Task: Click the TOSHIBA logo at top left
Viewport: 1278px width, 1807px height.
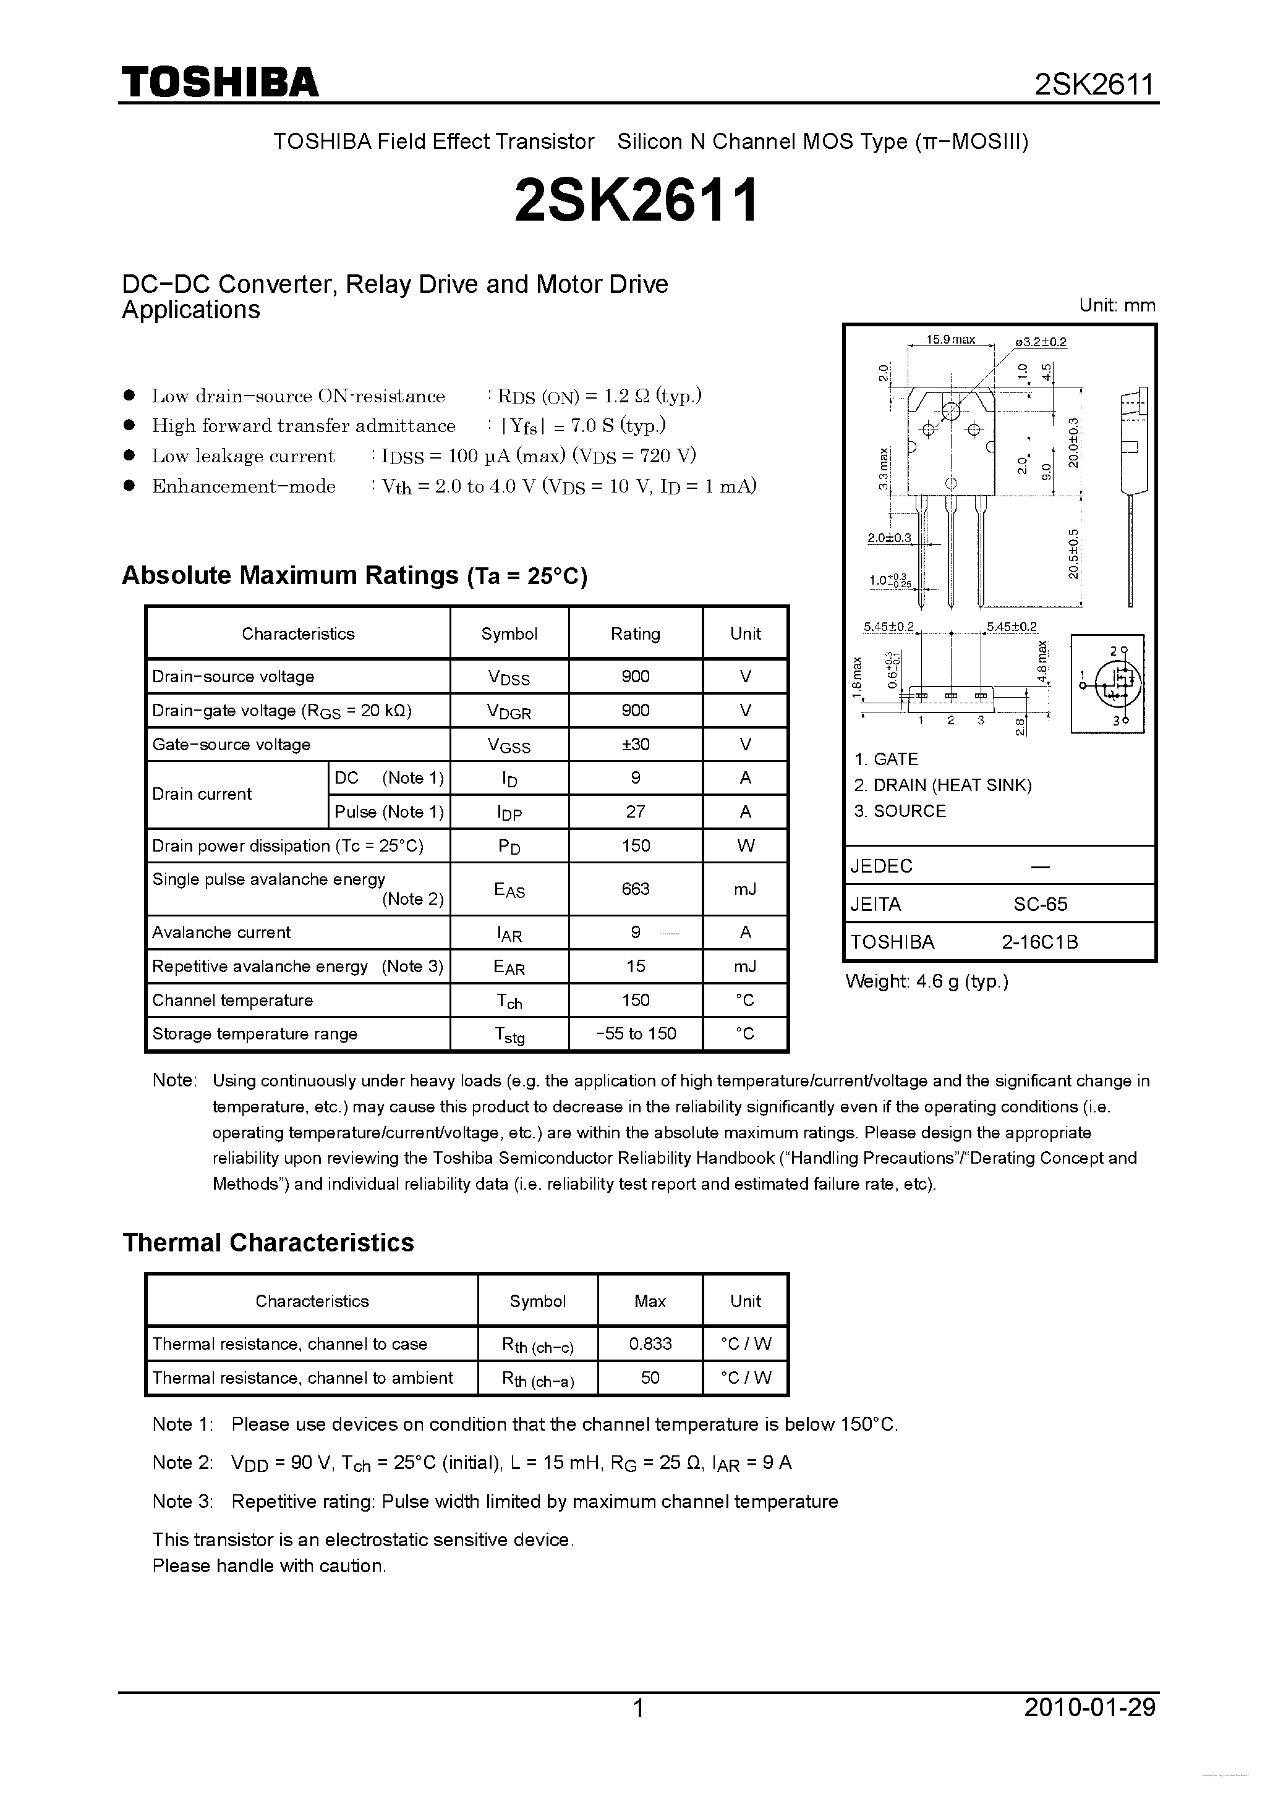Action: (x=219, y=82)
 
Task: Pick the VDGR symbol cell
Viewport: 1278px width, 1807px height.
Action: (x=509, y=711)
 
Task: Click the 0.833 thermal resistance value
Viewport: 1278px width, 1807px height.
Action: (x=650, y=1344)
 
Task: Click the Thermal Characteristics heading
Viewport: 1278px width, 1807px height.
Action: (x=268, y=1243)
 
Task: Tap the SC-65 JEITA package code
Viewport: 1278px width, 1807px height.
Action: (x=1039, y=904)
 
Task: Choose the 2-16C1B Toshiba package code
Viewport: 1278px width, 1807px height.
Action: (x=1039, y=942)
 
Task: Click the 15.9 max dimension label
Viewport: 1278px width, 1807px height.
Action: (x=950, y=340)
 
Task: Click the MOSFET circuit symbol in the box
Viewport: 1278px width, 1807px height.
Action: (x=1108, y=684)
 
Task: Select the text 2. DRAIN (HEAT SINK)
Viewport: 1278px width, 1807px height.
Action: (x=942, y=785)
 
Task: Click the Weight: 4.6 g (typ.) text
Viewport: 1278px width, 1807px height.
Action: (x=926, y=981)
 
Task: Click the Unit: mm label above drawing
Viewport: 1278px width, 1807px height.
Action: (x=1117, y=305)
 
